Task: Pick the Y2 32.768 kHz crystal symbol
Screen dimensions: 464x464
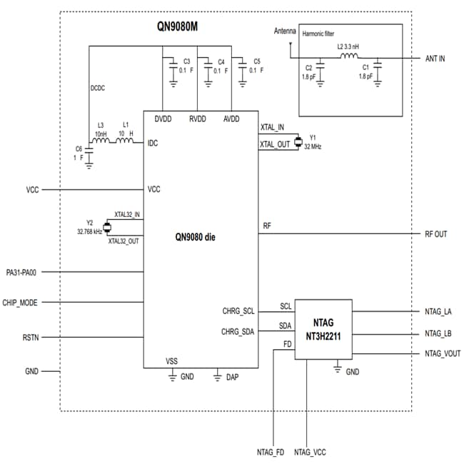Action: click(x=107, y=228)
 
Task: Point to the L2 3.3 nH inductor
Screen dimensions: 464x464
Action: click(x=349, y=57)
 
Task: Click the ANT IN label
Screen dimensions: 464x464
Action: click(x=434, y=59)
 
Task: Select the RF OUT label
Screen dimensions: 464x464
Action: click(x=435, y=234)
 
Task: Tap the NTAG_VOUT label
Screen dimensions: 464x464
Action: click(x=442, y=353)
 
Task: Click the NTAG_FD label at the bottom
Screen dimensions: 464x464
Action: click(x=271, y=452)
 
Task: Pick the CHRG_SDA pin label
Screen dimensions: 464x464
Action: click(x=238, y=331)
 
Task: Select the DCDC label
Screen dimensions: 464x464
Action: click(x=99, y=89)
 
